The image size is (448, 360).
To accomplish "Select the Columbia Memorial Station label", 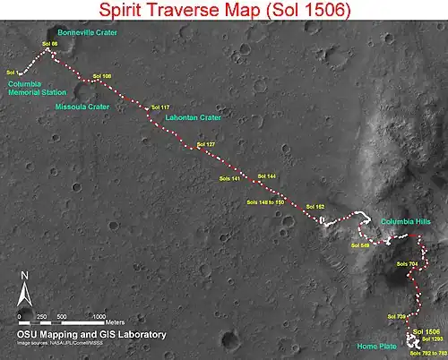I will coord(35,89).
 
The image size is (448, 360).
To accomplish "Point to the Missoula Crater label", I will coord(82,106).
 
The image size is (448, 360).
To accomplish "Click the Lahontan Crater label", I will coord(194,116).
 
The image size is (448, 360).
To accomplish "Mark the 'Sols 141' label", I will coord(230,178).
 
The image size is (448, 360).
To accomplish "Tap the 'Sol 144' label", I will coord(266,176).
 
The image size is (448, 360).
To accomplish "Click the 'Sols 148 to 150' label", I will coord(265,202).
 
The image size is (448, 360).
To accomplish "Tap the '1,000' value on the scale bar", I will coord(99,317).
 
